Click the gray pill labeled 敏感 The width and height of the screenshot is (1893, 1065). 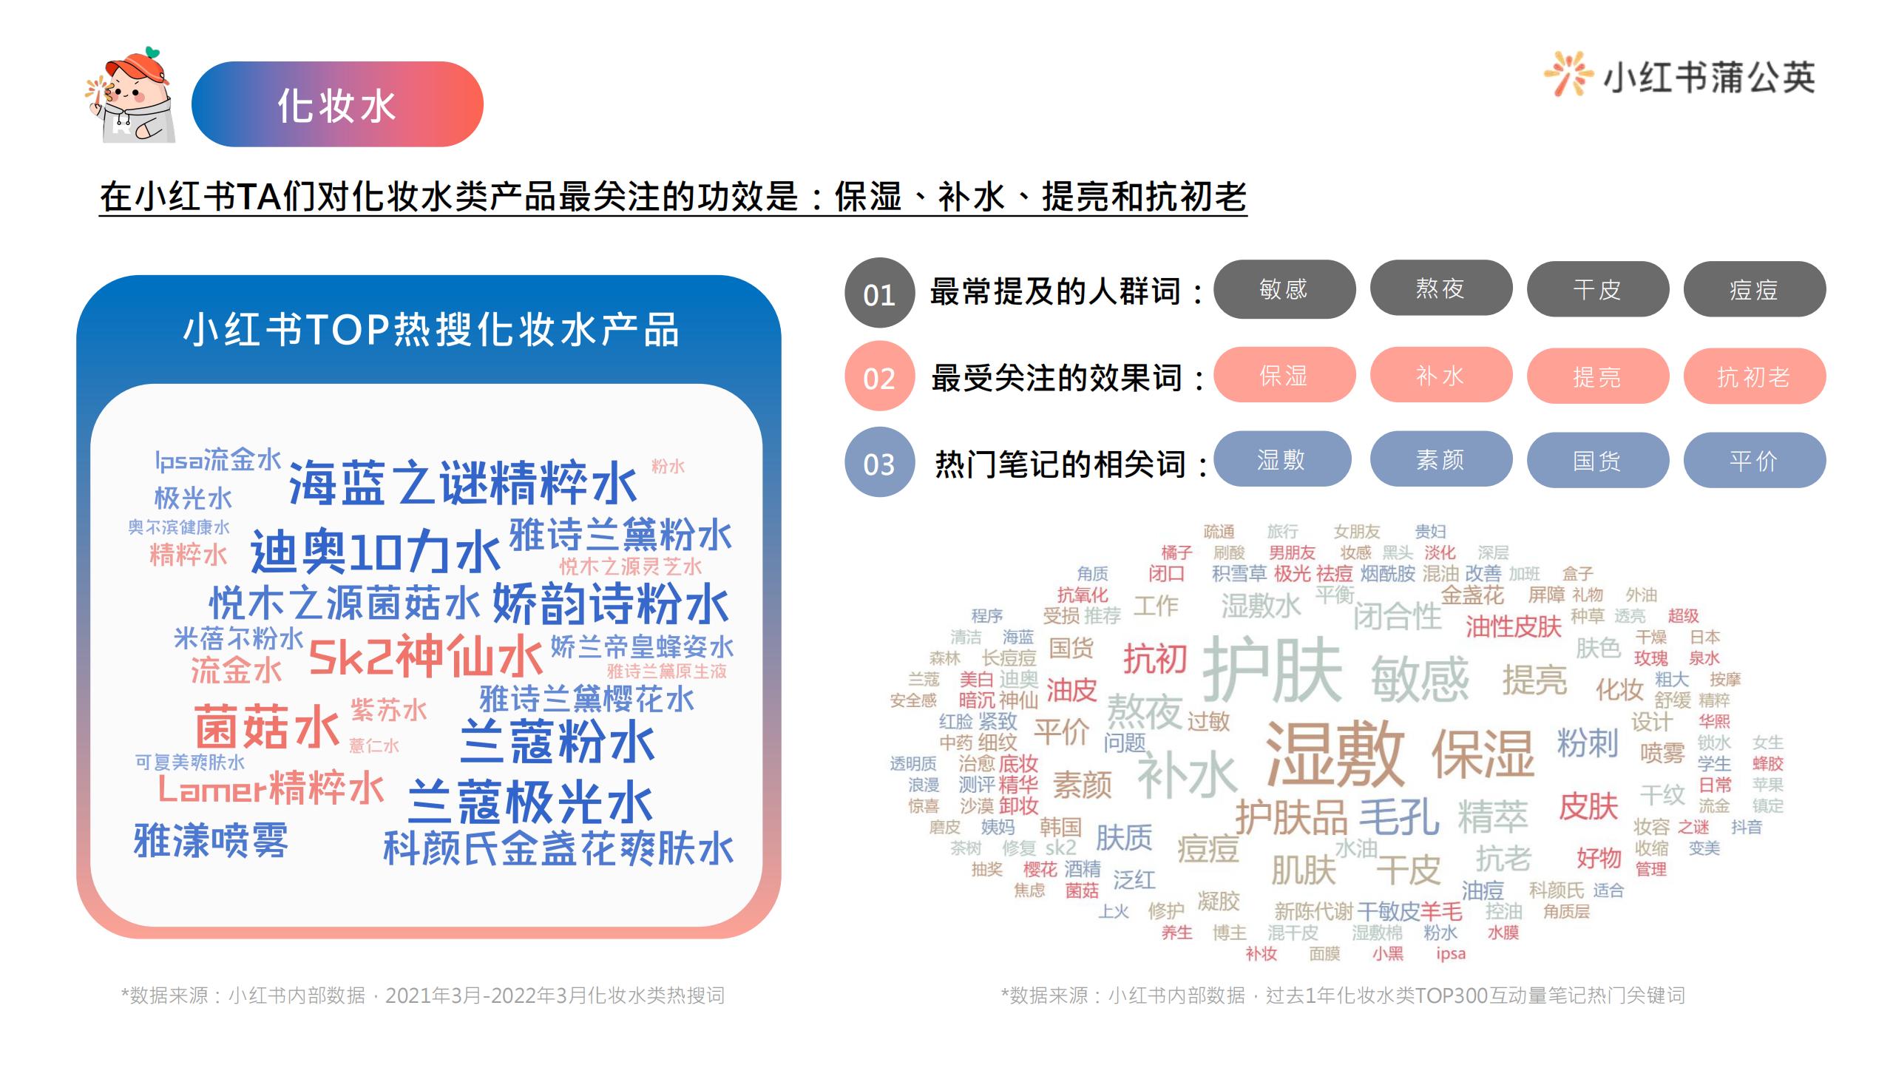pyautogui.click(x=1284, y=289)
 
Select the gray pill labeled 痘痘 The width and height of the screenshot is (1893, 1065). pyautogui.click(x=1754, y=289)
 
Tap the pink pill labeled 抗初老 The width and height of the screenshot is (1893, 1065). pyautogui.click(x=1754, y=376)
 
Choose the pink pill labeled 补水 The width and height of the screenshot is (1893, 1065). pyautogui.click(x=1440, y=376)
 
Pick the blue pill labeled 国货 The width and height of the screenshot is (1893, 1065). pyautogui.click(x=1597, y=460)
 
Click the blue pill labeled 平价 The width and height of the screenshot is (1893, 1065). pyautogui.click(x=1754, y=460)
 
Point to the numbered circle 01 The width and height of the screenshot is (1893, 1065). pyautogui.click(x=879, y=294)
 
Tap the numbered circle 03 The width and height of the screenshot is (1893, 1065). pyautogui.click(x=879, y=463)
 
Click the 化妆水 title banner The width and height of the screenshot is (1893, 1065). pyautogui.click(x=337, y=104)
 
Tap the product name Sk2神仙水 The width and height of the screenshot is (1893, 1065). pyautogui.click(x=426, y=655)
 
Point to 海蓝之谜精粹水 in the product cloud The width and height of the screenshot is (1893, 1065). pyautogui.click(x=463, y=483)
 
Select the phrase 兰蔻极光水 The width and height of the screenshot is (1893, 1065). pyautogui.click(x=530, y=802)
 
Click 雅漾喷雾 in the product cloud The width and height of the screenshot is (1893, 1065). pyautogui.click(x=211, y=840)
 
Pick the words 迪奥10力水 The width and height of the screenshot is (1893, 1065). pyautogui.click(x=376, y=552)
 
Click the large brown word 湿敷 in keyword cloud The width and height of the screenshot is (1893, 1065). pyautogui.click(x=1335, y=754)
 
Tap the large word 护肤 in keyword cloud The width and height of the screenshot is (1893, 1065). pyautogui.click(x=1273, y=671)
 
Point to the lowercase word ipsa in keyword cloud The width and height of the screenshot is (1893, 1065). pyautogui.click(x=1451, y=954)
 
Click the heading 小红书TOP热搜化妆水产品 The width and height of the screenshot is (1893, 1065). pyautogui.click(x=431, y=330)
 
